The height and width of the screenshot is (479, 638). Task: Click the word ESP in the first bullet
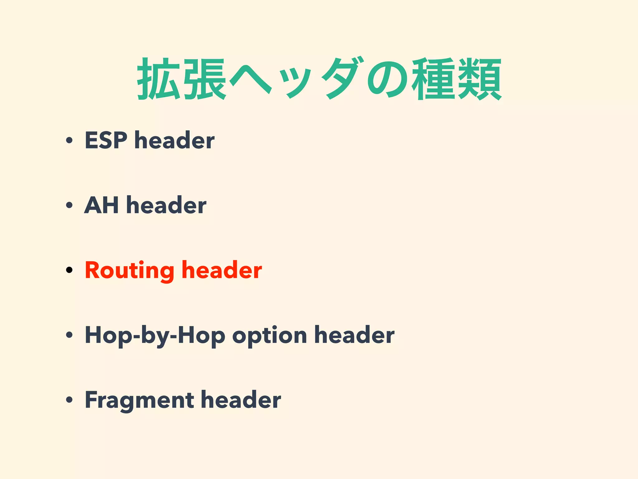point(106,140)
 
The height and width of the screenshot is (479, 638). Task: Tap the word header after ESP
point(174,140)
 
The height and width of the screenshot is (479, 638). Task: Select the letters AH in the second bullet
point(101,205)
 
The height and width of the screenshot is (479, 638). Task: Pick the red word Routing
point(129,271)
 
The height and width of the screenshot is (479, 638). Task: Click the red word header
point(221,270)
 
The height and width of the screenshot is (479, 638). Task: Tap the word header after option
point(354,335)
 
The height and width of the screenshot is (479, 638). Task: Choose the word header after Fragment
point(241,400)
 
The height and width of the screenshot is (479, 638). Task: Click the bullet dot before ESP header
point(69,140)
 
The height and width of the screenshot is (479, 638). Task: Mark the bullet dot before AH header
point(69,205)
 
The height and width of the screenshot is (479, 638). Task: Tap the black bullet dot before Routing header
point(69,270)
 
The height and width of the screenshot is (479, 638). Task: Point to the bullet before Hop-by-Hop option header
point(69,335)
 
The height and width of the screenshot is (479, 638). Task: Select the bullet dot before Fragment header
point(69,400)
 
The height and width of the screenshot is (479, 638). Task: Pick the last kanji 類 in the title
point(480,79)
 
